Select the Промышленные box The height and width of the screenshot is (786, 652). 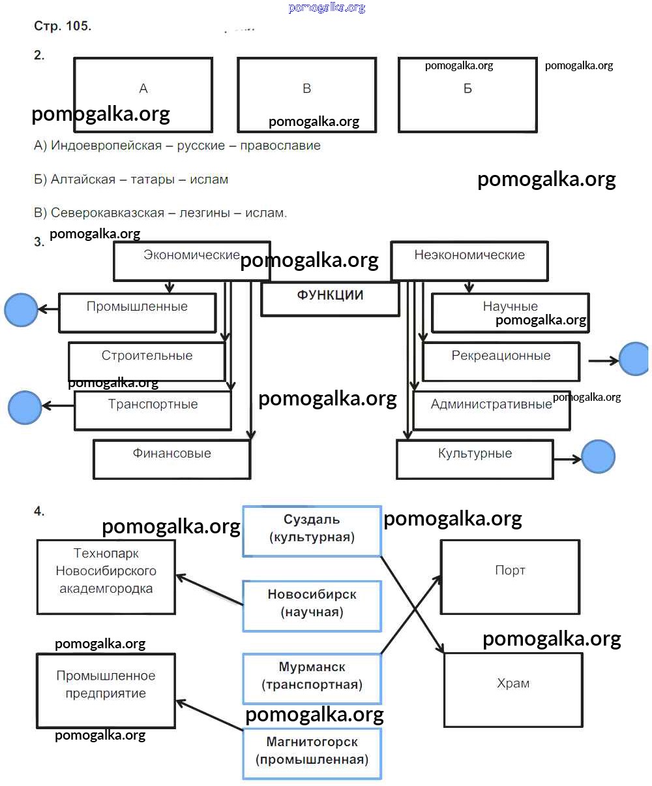137,312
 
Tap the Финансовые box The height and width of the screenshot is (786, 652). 171,459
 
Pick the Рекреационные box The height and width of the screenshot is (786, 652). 501,362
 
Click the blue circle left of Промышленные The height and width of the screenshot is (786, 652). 21,309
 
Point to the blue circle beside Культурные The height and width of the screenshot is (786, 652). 598,456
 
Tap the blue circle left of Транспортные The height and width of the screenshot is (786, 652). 25,407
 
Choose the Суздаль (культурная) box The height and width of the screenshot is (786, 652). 312,531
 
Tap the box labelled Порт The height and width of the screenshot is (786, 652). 510,576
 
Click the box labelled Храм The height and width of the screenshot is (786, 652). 513,689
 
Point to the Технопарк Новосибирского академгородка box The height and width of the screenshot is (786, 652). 106,576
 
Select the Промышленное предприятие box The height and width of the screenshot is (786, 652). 106,690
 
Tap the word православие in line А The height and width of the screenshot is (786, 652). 280,146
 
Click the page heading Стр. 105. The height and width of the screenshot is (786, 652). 63,27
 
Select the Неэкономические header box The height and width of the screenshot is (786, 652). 469,260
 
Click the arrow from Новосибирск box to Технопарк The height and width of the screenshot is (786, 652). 210,589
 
